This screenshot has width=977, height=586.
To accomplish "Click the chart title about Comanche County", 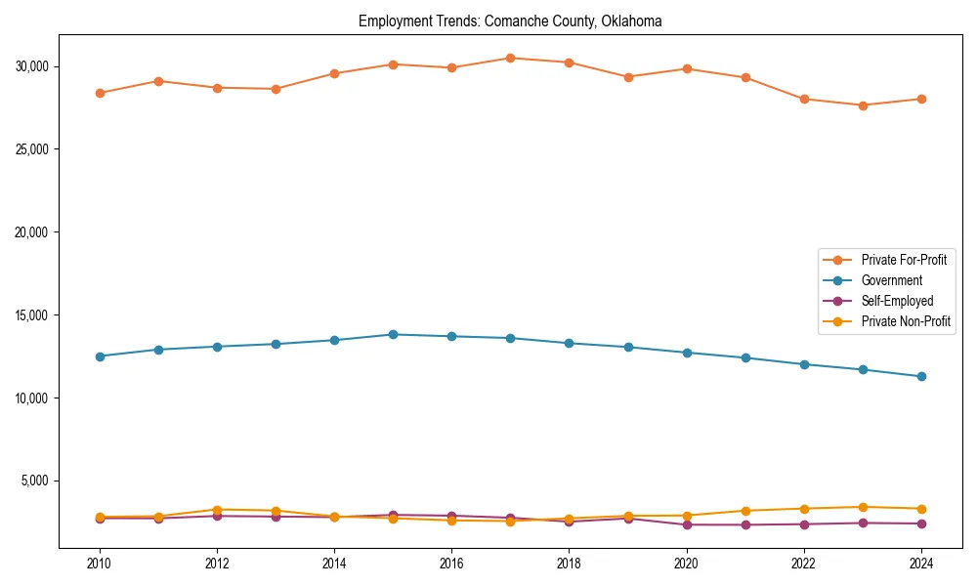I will (510, 21).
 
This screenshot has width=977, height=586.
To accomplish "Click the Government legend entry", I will (891, 280).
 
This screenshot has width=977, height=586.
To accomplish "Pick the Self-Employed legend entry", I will (897, 301).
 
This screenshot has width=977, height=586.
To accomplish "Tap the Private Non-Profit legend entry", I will (906, 321).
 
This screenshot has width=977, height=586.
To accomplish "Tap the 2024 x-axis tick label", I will (921, 564).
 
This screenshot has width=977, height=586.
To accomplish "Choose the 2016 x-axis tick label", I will (451, 564).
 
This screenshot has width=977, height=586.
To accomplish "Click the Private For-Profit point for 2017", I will (510, 58).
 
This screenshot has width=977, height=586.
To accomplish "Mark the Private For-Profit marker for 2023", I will (863, 105).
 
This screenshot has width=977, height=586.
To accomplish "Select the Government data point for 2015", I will (393, 334).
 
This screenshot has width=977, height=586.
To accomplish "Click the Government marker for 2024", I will (921, 376).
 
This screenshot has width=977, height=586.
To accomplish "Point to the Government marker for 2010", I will (99, 356).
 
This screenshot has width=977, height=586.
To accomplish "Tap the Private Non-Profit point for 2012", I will (217, 510).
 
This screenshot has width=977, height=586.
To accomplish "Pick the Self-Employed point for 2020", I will (687, 524).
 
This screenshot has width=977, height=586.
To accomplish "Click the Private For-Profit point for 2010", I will (99, 93).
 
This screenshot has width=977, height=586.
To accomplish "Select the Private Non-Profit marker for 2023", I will (863, 507).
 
